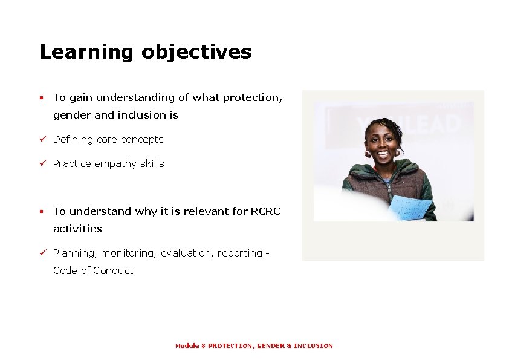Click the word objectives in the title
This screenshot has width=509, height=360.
pos(196,53)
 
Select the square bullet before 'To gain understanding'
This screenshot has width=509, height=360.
pos(41,97)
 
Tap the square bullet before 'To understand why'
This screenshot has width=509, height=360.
pos(41,212)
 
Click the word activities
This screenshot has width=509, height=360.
pos(77,229)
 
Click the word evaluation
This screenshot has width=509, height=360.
pos(184,254)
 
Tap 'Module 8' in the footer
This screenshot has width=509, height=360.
pos(190,346)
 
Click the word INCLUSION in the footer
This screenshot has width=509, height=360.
pos(313,346)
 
